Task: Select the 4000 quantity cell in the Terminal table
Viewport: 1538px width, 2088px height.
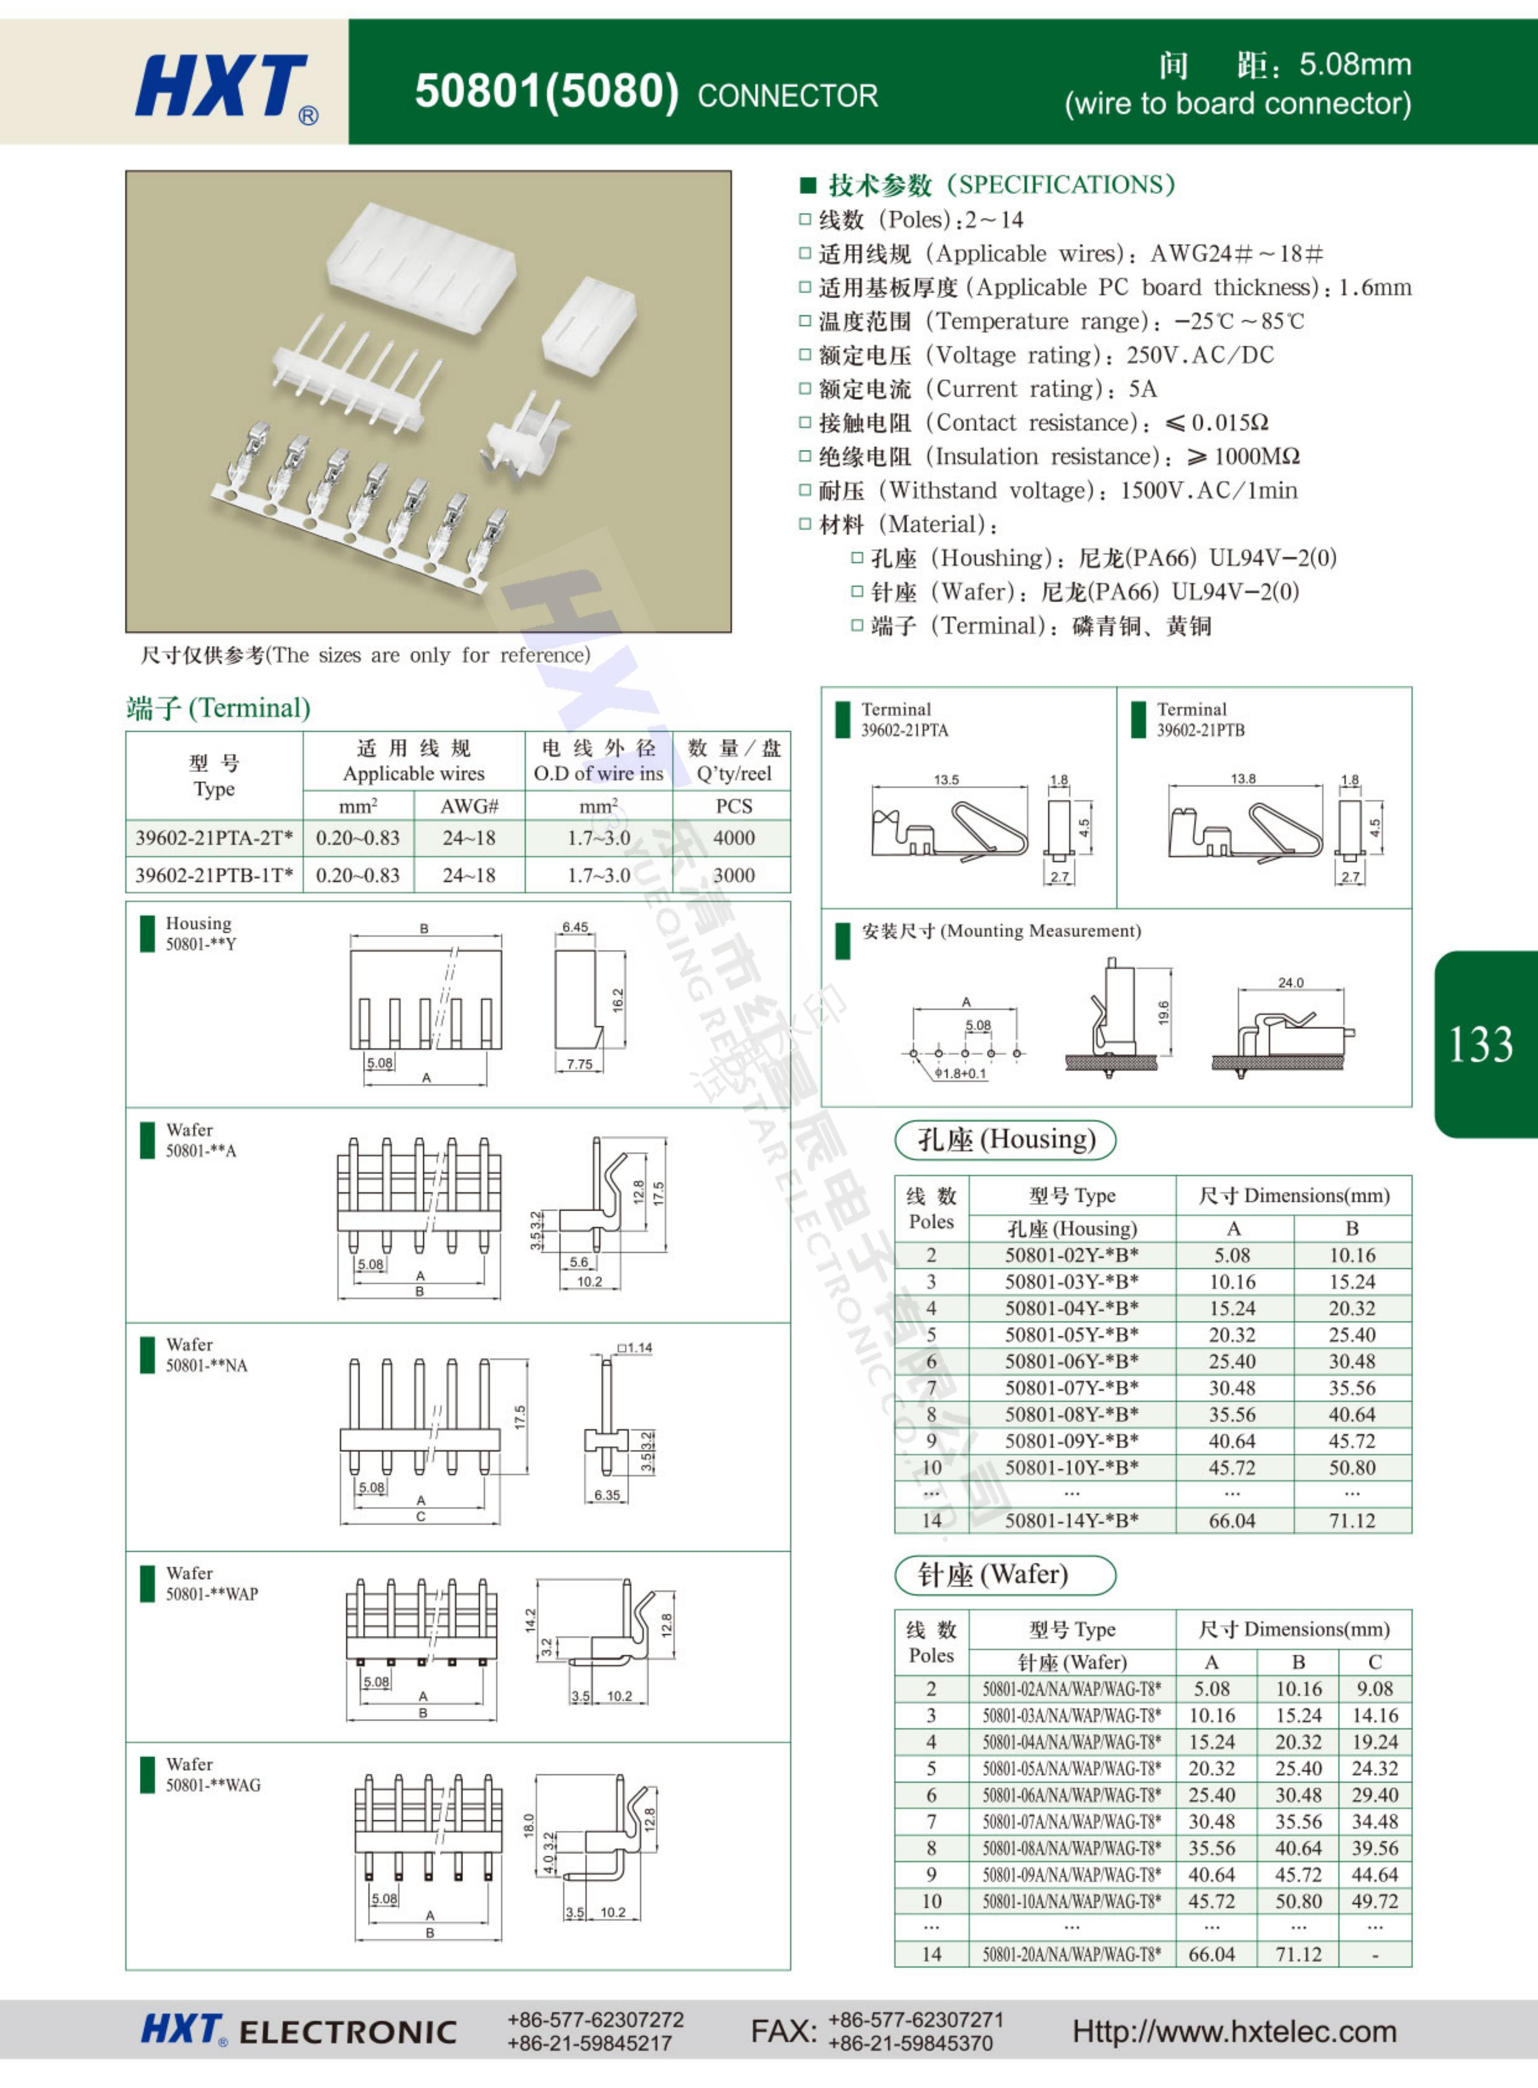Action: pyautogui.click(x=734, y=838)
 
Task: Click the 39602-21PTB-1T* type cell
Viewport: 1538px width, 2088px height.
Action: pyautogui.click(x=214, y=875)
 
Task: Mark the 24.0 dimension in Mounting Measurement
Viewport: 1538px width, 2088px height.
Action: pyautogui.click(x=1290, y=982)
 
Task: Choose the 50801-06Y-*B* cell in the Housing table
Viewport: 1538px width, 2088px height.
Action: pyautogui.click(x=1072, y=1361)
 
